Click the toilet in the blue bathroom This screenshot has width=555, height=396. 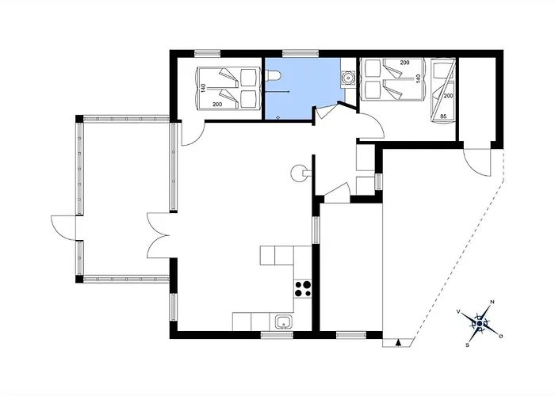pyautogui.click(x=274, y=75)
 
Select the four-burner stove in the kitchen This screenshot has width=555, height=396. pyautogui.click(x=303, y=288)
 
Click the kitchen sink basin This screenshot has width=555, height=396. pyautogui.click(x=284, y=322)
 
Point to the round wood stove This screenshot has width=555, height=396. pyautogui.click(x=298, y=173)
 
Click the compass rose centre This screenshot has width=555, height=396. pyautogui.click(x=480, y=323)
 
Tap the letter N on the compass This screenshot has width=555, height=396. pyautogui.click(x=492, y=302)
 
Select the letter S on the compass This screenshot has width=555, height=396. pyautogui.click(x=467, y=345)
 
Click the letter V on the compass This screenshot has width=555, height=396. pyautogui.click(x=458, y=311)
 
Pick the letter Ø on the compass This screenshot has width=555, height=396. pyautogui.click(x=501, y=336)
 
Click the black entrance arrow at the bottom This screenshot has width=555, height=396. pyautogui.click(x=399, y=342)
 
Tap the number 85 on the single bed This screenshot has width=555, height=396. pyautogui.click(x=443, y=116)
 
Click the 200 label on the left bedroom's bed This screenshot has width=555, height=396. pyautogui.click(x=217, y=105)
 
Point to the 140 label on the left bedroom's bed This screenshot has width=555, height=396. pyautogui.click(x=203, y=88)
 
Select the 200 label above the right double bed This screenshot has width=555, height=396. pyautogui.click(x=404, y=63)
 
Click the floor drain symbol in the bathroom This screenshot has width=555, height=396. pyautogui.click(x=277, y=117)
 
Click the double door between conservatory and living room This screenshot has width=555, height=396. pyautogui.click(x=159, y=235)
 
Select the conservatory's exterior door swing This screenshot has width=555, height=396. pyautogui.click(x=63, y=228)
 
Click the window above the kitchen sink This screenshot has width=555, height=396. pyautogui.click(x=277, y=335)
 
